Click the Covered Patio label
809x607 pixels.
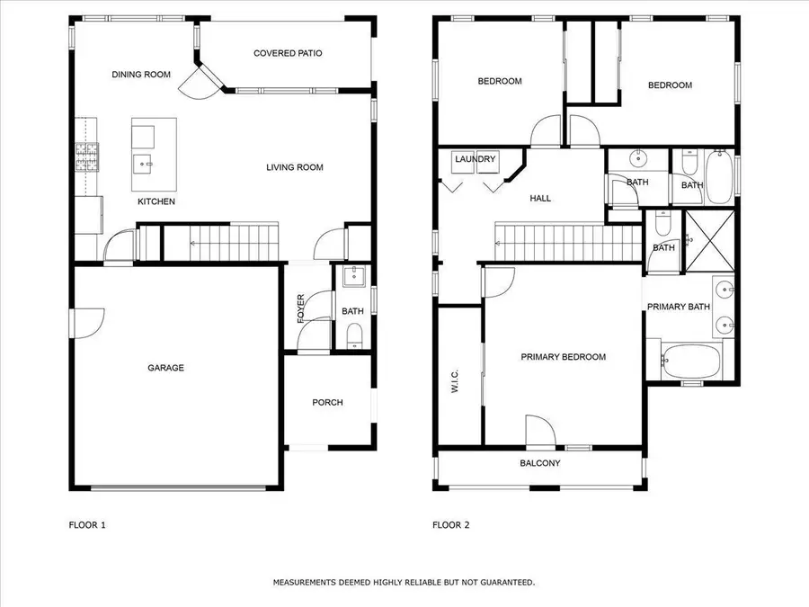pos(288,53)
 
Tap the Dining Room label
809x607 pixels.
pos(141,75)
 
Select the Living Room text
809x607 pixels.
pos(295,167)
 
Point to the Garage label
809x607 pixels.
pos(165,368)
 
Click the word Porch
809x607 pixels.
pos(327,402)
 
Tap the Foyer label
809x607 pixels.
pos(301,308)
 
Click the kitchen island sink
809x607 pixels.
pos(142,165)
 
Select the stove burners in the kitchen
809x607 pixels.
pos(86,156)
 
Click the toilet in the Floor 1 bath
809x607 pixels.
pos(354,335)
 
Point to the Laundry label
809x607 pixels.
pos(476,158)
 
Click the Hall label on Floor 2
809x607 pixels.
pos(540,198)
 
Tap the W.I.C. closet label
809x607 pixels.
pos(455,381)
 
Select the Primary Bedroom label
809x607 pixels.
pos(564,357)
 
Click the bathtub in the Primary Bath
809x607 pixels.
pos(691,361)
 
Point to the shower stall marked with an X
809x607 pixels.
pos(709,241)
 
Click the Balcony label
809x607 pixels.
pos(540,463)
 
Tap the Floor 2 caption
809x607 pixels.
pos(451,525)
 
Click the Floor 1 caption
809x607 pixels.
pos(87,525)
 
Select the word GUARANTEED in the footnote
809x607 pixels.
pos(507,582)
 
